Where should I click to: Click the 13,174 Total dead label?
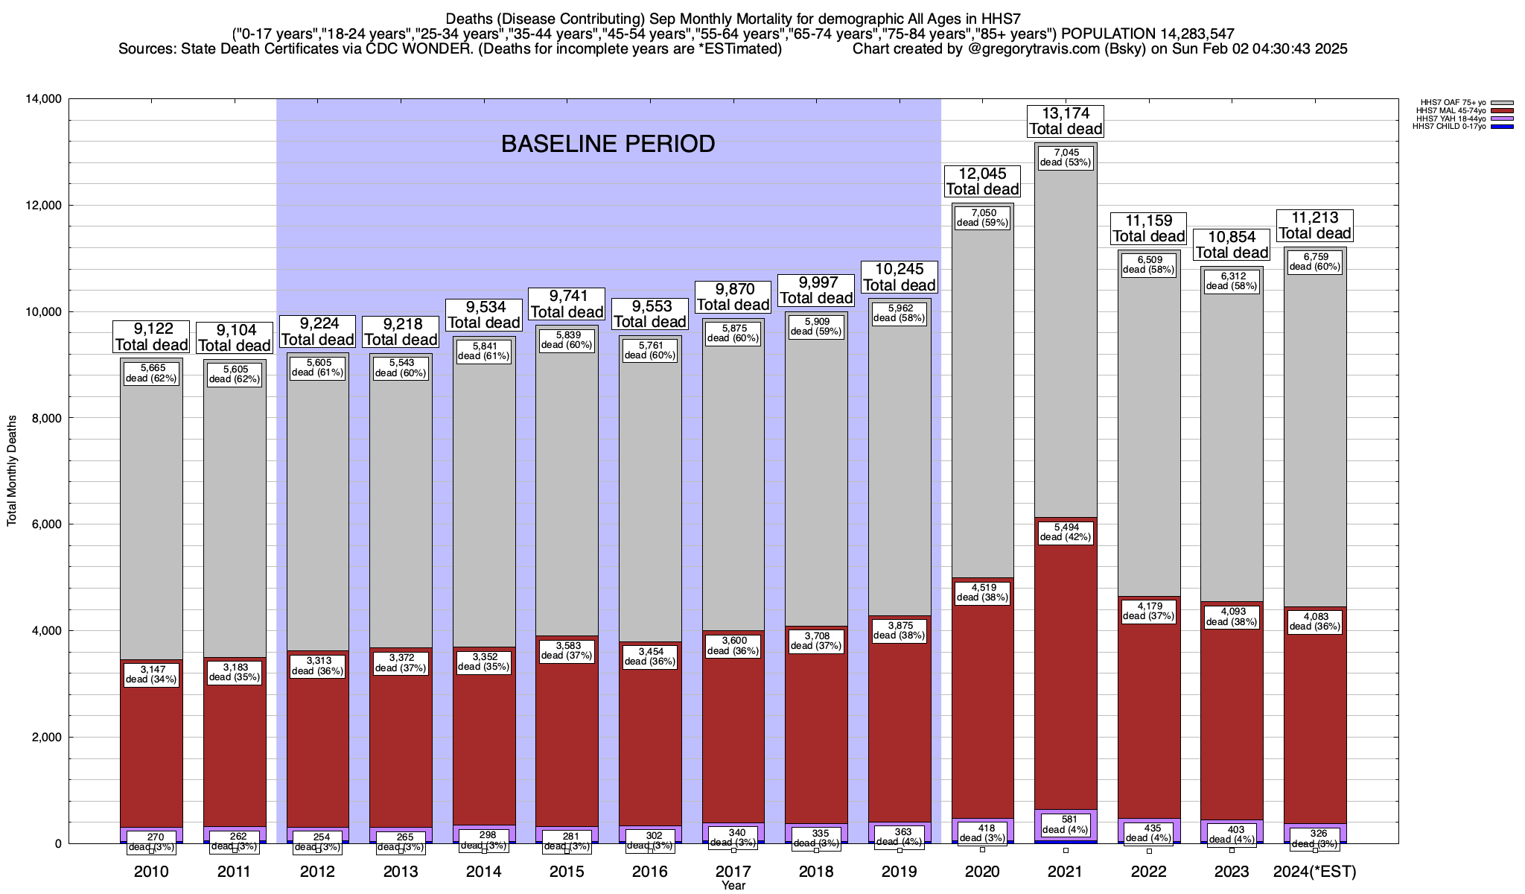[1066, 121]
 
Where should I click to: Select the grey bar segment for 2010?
[151, 521]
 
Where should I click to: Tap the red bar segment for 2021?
[1066, 670]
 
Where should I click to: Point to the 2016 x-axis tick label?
[650, 872]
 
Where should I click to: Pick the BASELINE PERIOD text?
[608, 144]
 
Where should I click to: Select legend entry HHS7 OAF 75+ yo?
[1452, 103]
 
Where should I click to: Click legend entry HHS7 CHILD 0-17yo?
[1452, 127]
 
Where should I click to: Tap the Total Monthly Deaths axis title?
[12, 471]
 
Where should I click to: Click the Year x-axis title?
[733, 885]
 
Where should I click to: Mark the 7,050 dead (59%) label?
[982, 218]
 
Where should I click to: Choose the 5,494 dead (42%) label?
[1066, 532]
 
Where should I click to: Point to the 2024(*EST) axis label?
[1315, 872]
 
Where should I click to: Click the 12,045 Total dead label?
[982, 181]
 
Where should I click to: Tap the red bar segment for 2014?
[484, 745]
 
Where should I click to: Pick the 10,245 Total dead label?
[899, 277]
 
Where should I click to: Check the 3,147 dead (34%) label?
[151, 674]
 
